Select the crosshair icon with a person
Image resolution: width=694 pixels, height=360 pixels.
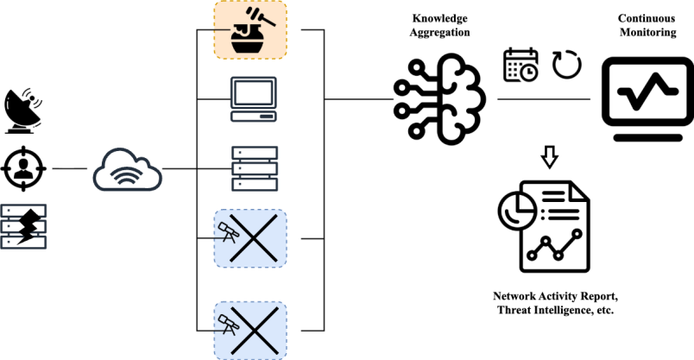pyautogui.click(x=23, y=168)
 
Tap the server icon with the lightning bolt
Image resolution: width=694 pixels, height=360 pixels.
pyautogui.click(x=24, y=225)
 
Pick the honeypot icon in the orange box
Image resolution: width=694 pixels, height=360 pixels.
pyautogui.click(x=249, y=29)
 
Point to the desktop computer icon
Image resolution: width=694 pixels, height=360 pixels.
pyautogui.click(x=254, y=98)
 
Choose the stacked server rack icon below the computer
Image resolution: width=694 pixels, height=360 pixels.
pyautogui.click(x=255, y=169)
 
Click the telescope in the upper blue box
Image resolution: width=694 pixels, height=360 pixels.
pyautogui.click(x=229, y=231)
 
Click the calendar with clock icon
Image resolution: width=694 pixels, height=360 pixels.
pyautogui.click(x=520, y=65)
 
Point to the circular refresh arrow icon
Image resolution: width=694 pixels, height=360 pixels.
pyautogui.click(x=567, y=64)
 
